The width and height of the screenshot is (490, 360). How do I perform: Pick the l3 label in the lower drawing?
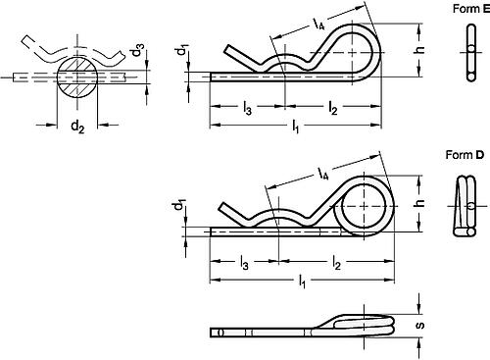243,264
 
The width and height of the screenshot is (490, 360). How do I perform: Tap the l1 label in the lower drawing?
303,285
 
